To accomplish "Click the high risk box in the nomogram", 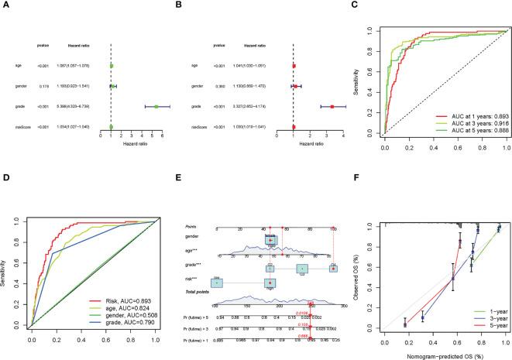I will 269,284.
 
